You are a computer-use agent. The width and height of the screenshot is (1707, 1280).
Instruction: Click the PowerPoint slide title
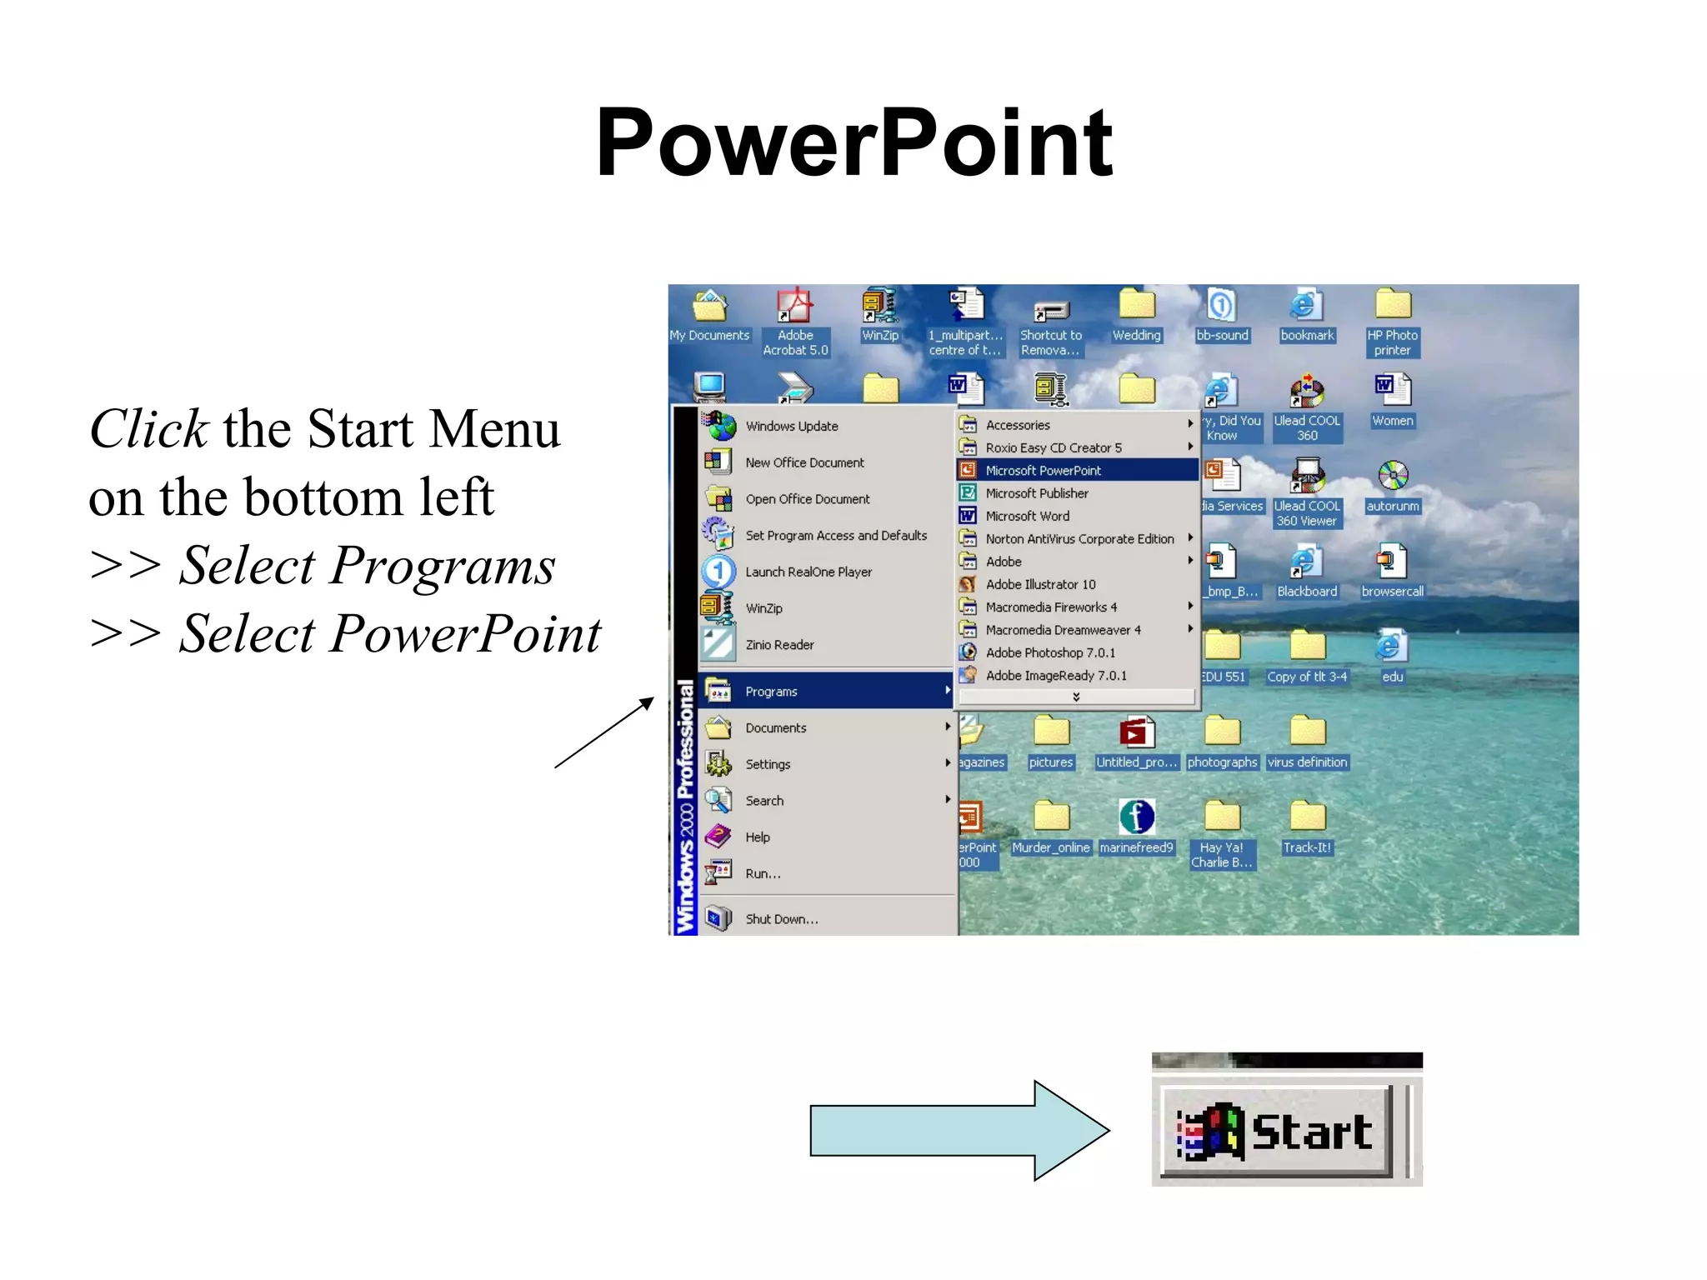point(853,143)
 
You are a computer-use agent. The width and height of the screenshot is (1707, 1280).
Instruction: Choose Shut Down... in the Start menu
point(781,919)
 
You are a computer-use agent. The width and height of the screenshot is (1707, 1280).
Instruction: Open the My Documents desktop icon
point(709,308)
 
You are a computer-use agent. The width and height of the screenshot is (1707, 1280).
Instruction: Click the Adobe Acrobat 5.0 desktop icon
point(795,308)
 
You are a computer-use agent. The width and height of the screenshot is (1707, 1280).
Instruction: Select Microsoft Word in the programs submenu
point(1027,517)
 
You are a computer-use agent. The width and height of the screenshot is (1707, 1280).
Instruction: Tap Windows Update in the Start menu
point(791,427)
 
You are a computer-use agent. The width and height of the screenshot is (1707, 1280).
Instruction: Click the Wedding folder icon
point(1136,306)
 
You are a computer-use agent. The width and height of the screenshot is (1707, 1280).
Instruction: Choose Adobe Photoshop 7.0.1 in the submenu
point(1049,653)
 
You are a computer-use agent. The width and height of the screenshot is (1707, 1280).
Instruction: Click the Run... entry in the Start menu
point(763,874)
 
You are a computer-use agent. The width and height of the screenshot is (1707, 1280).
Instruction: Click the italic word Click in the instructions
point(148,430)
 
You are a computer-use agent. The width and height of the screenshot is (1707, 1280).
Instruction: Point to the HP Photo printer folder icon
point(1392,306)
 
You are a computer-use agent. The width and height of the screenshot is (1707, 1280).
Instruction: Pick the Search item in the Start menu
point(764,801)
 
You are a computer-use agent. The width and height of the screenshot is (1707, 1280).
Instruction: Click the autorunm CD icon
point(1392,477)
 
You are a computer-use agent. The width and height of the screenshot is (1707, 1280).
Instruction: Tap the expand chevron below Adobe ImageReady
point(1076,697)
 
